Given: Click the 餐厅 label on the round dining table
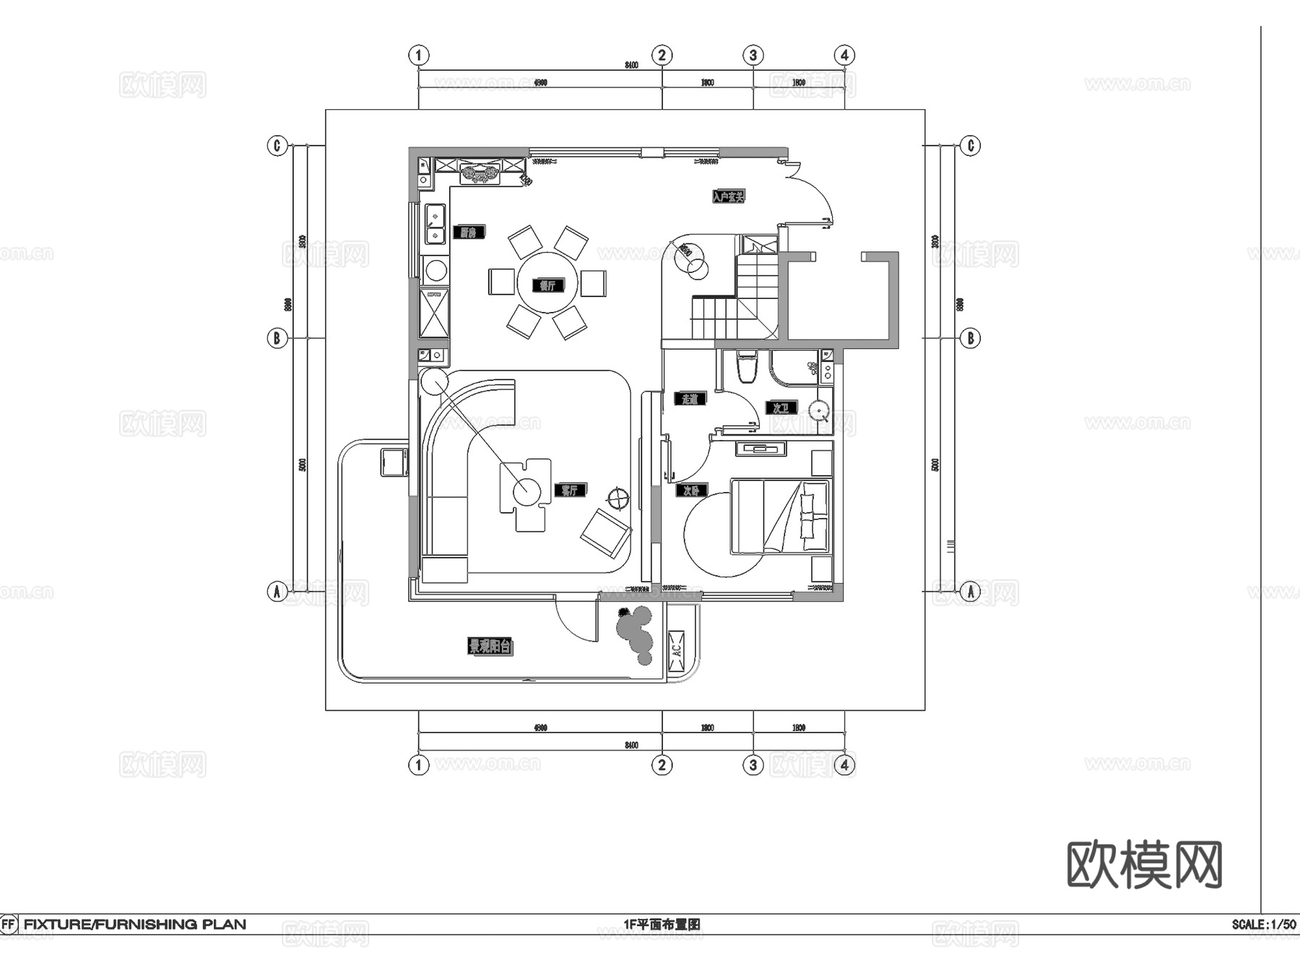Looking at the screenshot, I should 547,285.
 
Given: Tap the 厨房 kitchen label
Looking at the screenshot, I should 469,233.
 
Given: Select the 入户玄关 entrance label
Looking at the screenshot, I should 728,196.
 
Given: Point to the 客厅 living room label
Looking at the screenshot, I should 570,490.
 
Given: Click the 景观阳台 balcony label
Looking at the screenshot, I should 490,646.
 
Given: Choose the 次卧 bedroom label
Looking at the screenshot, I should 690,490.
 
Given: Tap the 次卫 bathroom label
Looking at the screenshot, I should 780,408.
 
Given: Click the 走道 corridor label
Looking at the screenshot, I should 690,399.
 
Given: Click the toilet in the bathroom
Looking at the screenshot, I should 747,366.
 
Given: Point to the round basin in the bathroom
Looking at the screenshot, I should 819,410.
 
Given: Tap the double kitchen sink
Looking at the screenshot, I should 435,224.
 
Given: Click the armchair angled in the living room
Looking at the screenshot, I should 605,534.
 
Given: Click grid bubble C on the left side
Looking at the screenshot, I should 277,146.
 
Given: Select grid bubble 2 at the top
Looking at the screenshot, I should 662,55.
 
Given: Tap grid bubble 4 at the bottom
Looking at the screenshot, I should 844,765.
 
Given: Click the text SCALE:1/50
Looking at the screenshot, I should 1263,924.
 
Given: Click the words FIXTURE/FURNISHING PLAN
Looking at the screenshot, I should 135,924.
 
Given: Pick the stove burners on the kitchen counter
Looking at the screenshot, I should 480,173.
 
